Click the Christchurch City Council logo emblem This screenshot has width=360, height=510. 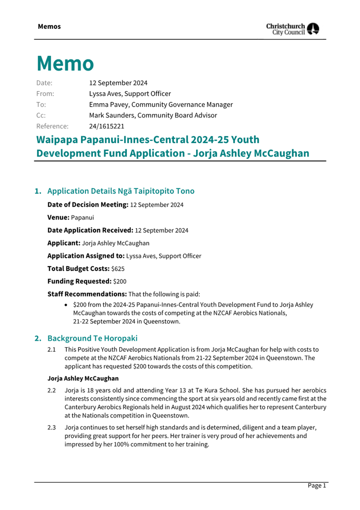pyautogui.click(x=313, y=28)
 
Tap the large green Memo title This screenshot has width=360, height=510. pyautogui.click(x=65, y=64)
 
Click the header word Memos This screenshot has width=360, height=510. pyautogui.click(x=49, y=27)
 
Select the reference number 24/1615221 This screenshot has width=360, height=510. pyautogui.click(x=106, y=126)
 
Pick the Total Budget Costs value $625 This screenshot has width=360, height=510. pyautogui.click(x=118, y=269)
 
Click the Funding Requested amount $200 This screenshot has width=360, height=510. pyautogui.click(x=120, y=282)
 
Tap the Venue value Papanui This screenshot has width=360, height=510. pyautogui.click(x=82, y=218)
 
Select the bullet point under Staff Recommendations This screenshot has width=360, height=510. pyautogui.click(x=66, y=305)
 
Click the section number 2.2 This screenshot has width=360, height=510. pyautogui.click(x=52, y=390)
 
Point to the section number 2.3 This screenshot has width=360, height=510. pyautogui.click(x=52, y=427)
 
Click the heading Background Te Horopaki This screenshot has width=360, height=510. pyautogui.click(x=92, y=338)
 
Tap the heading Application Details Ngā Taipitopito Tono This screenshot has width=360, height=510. pyautogui.click(x=121, y=191)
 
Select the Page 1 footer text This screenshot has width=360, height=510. pyautogui.click(x=317, y=486)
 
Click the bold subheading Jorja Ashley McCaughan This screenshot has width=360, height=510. pyautogui.click(x=83, y=378)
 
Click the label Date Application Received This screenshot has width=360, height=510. pyautogui.click(x=90, y=230)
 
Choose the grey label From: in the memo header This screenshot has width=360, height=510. pyautogui.click(x=45, y=94)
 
